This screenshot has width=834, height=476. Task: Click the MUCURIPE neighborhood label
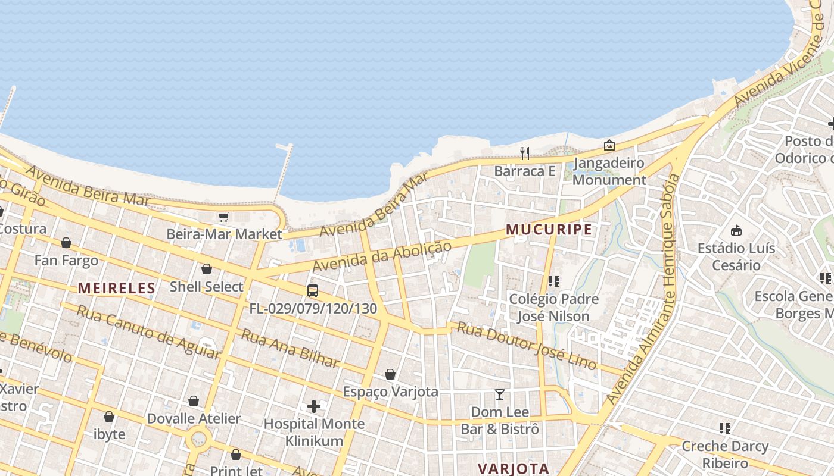click(x=549, y=229)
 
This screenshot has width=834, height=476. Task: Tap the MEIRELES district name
click(x=117, y=289)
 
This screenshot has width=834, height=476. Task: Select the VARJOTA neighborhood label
click(x=513, y=468)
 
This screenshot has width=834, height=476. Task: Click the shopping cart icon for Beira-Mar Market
click(x=224, y=217)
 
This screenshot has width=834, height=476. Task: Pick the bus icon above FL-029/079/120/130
click(x=313, y=291)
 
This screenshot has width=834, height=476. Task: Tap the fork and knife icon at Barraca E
click(x=525, y=154)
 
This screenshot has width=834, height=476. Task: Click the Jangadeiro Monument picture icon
click(x=609, y=145)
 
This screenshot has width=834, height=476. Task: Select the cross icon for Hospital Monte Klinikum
click(x=314, y=406)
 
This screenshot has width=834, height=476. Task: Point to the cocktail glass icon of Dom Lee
click(x=500, y=394)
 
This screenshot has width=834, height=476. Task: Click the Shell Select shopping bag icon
click(x=207, y=270)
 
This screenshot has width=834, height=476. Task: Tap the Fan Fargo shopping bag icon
click(x=66, y=243)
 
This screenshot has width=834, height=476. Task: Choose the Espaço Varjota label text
click(x=390, y=392)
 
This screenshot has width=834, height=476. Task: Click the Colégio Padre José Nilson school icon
click(x=554, y=281)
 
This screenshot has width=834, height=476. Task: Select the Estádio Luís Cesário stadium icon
click(x=736, y=230)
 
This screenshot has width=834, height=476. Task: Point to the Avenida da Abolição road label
click(x=381, y=256)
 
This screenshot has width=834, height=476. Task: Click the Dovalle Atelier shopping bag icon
click(x=194, y=402)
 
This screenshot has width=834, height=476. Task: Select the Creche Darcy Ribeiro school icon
click(x=725, y=428)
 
